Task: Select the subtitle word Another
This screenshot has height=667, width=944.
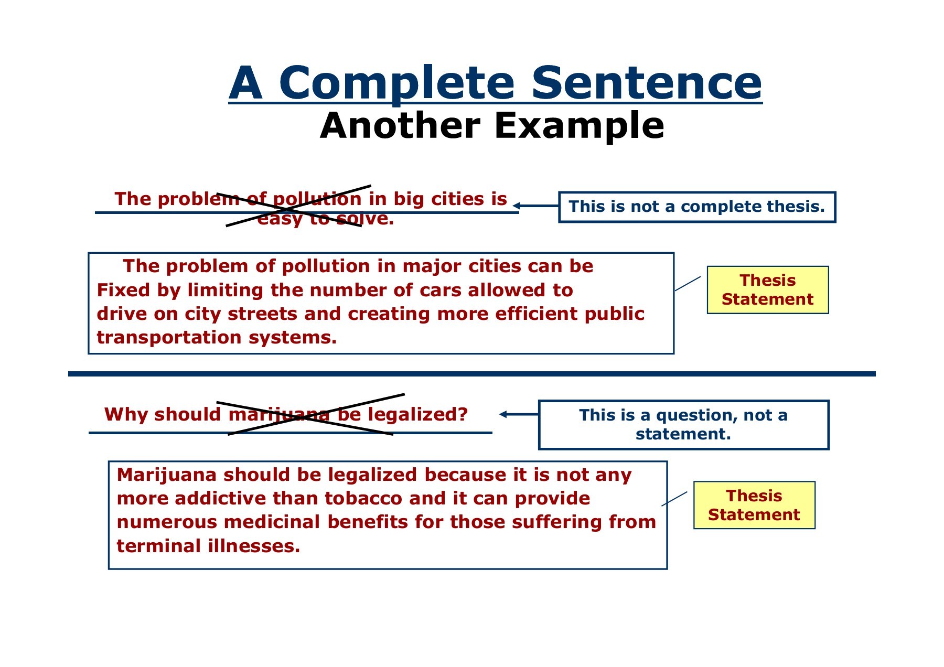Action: pyautogui.click(x=400, y=126)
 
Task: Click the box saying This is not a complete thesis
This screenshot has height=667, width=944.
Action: pyautogui.click(x=697, y=207)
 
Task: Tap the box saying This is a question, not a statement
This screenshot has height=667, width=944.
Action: pyautogui.click(x=684, y=425)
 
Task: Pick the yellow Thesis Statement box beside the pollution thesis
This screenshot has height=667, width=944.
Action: pyautogui.click(x=768, y=290)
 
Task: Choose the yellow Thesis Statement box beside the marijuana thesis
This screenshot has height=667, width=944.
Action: pyautogui.click(x=754, y=505)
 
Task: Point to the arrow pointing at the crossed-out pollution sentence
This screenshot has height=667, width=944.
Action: pyautogui.click(x=535, y=206)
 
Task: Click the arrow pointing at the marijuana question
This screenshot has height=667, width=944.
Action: pyautogui.click(x=519, y=414)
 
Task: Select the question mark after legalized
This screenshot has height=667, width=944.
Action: pyautogui.click(x=463, y=414)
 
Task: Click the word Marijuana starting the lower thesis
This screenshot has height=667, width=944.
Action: pyautogui.click(x=167, y=476)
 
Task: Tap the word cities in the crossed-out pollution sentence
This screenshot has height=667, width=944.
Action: pyautogui.click(x=458, y=199)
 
